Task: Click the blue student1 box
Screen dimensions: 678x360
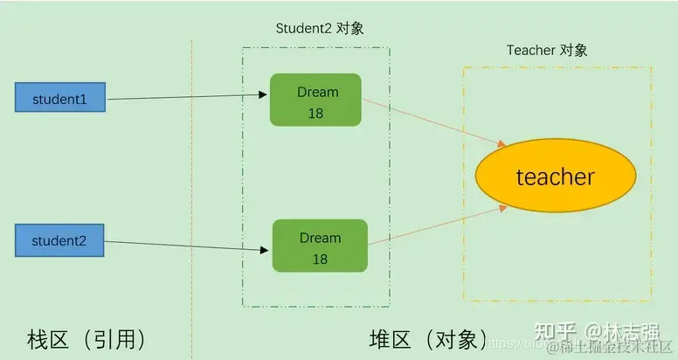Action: pyautogui.click(x=60, y=98)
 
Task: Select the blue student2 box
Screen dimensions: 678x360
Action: pyautogui.click(x=60, y=239)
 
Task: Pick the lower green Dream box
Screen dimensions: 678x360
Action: pyautogui.click(x=319, y=246)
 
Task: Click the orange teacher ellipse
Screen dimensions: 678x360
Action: pyautogui.click(x=555, y=177)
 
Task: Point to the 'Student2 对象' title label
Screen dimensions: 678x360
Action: pyautogui.click(x=320, y=28)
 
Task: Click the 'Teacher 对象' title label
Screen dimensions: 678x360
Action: pyautogui.click(x=547, y=50)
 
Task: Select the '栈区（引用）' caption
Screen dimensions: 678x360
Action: pyautogui.click(x=86, y=338)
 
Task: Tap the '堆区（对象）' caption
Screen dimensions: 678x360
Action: pyautogui.click(x=426, y=338)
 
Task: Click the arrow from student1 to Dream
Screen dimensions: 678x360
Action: pyautogui.click(x=188, y=96)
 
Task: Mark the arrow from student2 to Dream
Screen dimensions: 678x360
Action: pyautogui.click(x=188, y=244)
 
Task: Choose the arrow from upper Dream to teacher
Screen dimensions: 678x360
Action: pyautogui.click(x=433, y=123)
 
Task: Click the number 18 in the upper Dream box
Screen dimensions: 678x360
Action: pyautogui.click(x=316, y=113)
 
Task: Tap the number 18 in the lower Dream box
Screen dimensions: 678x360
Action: pyautogui.click(x=319, y=259)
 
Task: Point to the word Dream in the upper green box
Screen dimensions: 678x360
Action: pyautogui.click(x=316, y=92)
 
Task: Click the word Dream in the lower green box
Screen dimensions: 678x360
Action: pyautogui.click(x=319, y=237)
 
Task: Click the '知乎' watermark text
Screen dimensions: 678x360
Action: pyautogui.click(x=554, y=331)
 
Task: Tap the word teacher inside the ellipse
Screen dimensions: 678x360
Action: pyautogui.click(x=555, y=177)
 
